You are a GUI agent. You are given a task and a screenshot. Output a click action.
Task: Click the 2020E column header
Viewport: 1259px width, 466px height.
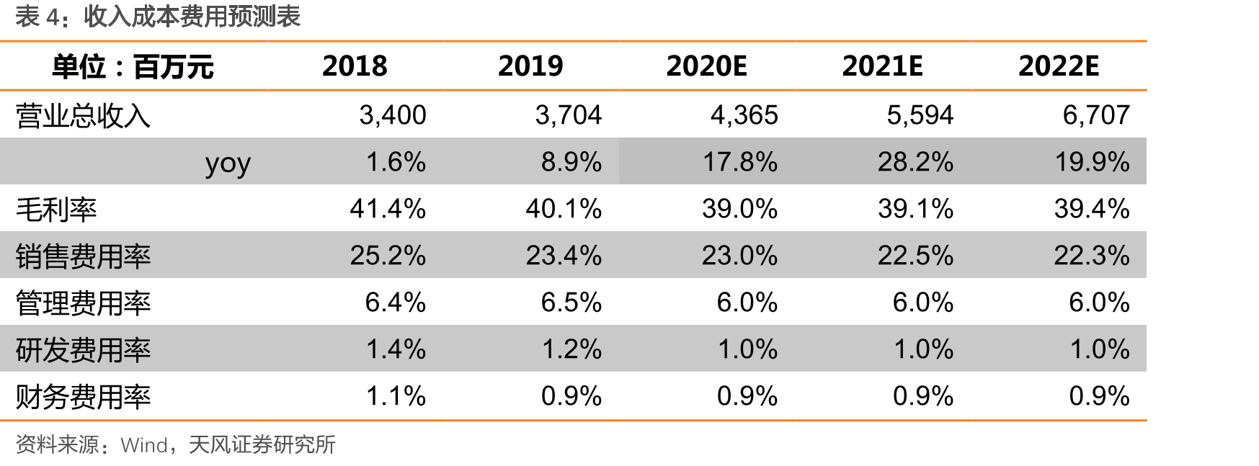[x=706, y=66]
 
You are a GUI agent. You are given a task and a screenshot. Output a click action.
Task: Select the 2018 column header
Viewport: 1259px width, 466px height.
[x=355, y=66]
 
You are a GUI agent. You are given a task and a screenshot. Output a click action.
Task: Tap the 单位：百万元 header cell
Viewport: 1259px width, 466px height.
[x=133, y=67]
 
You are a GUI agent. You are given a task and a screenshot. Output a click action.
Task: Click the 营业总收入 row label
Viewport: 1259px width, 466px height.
[x=83, y=116]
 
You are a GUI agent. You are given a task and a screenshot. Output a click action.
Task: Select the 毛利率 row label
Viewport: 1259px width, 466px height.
[x=56, y=210]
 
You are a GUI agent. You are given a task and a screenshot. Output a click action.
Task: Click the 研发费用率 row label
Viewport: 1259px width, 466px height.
[x=83, y=350]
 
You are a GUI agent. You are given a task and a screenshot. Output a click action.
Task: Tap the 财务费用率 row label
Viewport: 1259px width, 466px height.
[x=83, y=397]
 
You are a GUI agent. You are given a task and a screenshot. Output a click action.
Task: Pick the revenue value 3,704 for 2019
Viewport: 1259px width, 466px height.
[x=568, y=115]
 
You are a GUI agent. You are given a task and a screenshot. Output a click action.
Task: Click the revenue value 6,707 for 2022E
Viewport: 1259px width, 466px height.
[x=1096, y=115]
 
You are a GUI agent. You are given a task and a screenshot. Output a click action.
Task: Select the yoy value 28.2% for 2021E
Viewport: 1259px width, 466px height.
[x=915, y=162]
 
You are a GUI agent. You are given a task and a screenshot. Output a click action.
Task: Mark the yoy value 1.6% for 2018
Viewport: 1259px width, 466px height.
[x=396, y=162]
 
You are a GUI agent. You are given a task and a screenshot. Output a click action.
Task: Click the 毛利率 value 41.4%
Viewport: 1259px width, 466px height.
[x=388, y=209]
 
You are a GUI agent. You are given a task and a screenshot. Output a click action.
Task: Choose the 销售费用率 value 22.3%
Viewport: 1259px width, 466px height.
[x=1092, y=256]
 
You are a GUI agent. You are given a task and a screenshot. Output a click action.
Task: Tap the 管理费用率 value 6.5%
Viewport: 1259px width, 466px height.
[x=571, y=303]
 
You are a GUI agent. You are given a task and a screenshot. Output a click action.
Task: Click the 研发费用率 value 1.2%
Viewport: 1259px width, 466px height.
[x=571, y=349]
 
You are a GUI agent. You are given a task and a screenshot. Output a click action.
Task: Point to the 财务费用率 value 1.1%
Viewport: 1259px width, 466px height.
[x=396, y=396]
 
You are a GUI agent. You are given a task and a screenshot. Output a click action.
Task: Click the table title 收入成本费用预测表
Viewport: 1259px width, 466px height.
[x=192, y=16]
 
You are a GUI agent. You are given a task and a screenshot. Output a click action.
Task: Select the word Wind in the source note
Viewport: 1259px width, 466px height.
[x=144, y=445]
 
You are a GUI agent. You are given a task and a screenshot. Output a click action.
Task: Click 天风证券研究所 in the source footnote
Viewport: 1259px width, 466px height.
[x=262, y=445]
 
